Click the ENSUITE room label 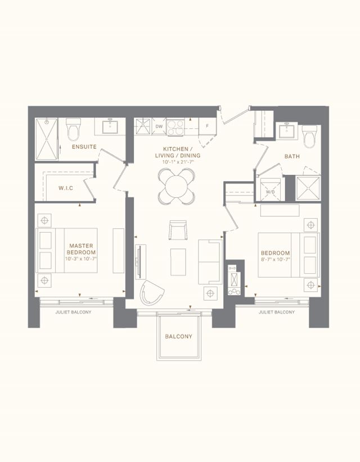tap(84, 147)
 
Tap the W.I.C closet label tap(66, 188)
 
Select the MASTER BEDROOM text tap(81, 249)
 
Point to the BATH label tap(292, 156)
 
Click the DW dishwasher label tap(159, 126)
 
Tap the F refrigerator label tap(207, 126)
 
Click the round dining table tap(176, 187)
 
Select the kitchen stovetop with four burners tap(175, 127)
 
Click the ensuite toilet tap(73, 129)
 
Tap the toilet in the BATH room tap(309, 137)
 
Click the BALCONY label tap(179, 337)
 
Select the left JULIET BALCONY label tap(74, 312)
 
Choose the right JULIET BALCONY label tap(277, 312)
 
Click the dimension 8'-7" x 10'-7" tap(276, 260)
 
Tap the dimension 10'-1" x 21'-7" tap(178, 162)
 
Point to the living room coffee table tap(178, 262)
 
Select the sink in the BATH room tap(286, 130)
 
